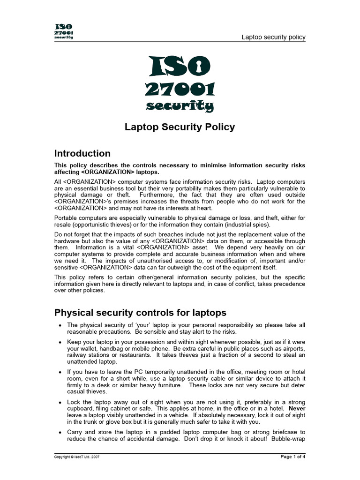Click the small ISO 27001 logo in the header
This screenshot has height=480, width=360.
point(64,32)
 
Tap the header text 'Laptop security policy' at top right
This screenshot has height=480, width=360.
point(273,37)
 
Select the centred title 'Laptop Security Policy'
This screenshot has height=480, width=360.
point(180,127)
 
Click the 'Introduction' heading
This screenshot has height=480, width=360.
point(82,153)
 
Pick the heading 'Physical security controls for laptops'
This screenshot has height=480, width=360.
point(140,313)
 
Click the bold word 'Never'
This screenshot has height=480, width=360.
point(297,408)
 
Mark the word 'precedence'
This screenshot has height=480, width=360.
point(288,284)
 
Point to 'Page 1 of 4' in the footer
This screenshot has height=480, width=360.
point(292,457)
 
